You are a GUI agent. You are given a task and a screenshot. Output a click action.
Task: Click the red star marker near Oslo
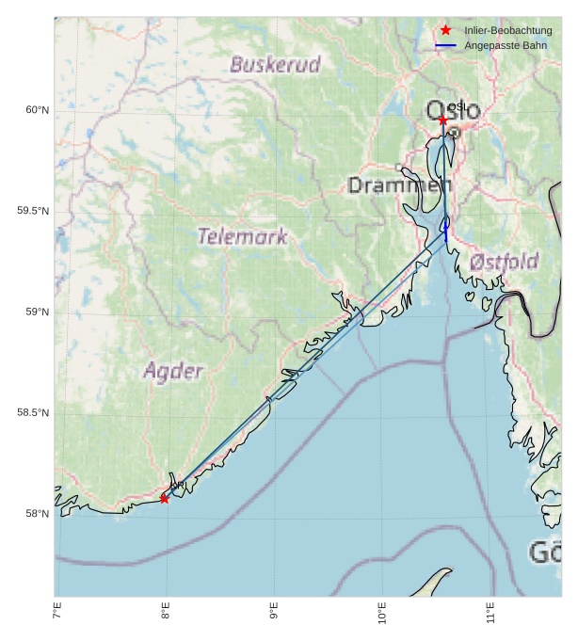pos(442,120)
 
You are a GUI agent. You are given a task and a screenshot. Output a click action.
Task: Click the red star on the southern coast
pos(164,498)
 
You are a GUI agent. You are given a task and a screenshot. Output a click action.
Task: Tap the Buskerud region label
pos(275,65)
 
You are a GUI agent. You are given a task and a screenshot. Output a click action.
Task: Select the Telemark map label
pos(242,237)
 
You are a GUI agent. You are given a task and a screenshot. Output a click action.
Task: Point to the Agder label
pos(173,371)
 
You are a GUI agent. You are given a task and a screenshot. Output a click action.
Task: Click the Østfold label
pos(505,261)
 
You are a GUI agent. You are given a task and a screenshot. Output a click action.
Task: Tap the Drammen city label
pos(399,185)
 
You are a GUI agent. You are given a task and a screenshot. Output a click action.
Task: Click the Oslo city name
pos(453,111)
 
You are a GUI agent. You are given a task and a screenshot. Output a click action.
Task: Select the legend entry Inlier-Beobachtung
pos(507,30)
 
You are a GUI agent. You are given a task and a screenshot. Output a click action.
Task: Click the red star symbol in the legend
pos(446,30)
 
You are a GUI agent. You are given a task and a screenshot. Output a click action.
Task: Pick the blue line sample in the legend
pos(446,45)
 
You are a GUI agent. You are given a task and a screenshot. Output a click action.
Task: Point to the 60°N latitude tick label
pos(37,110)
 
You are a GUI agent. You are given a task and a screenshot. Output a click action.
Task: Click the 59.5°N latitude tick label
pos(33,211)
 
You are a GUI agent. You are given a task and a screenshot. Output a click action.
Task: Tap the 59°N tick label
pos(37,312)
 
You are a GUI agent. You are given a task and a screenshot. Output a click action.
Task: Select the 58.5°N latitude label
pos(33,412)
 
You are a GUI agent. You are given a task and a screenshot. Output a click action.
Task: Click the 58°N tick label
pos(37,513)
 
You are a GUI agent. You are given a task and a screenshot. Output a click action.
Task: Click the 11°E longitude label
pos(490,617)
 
